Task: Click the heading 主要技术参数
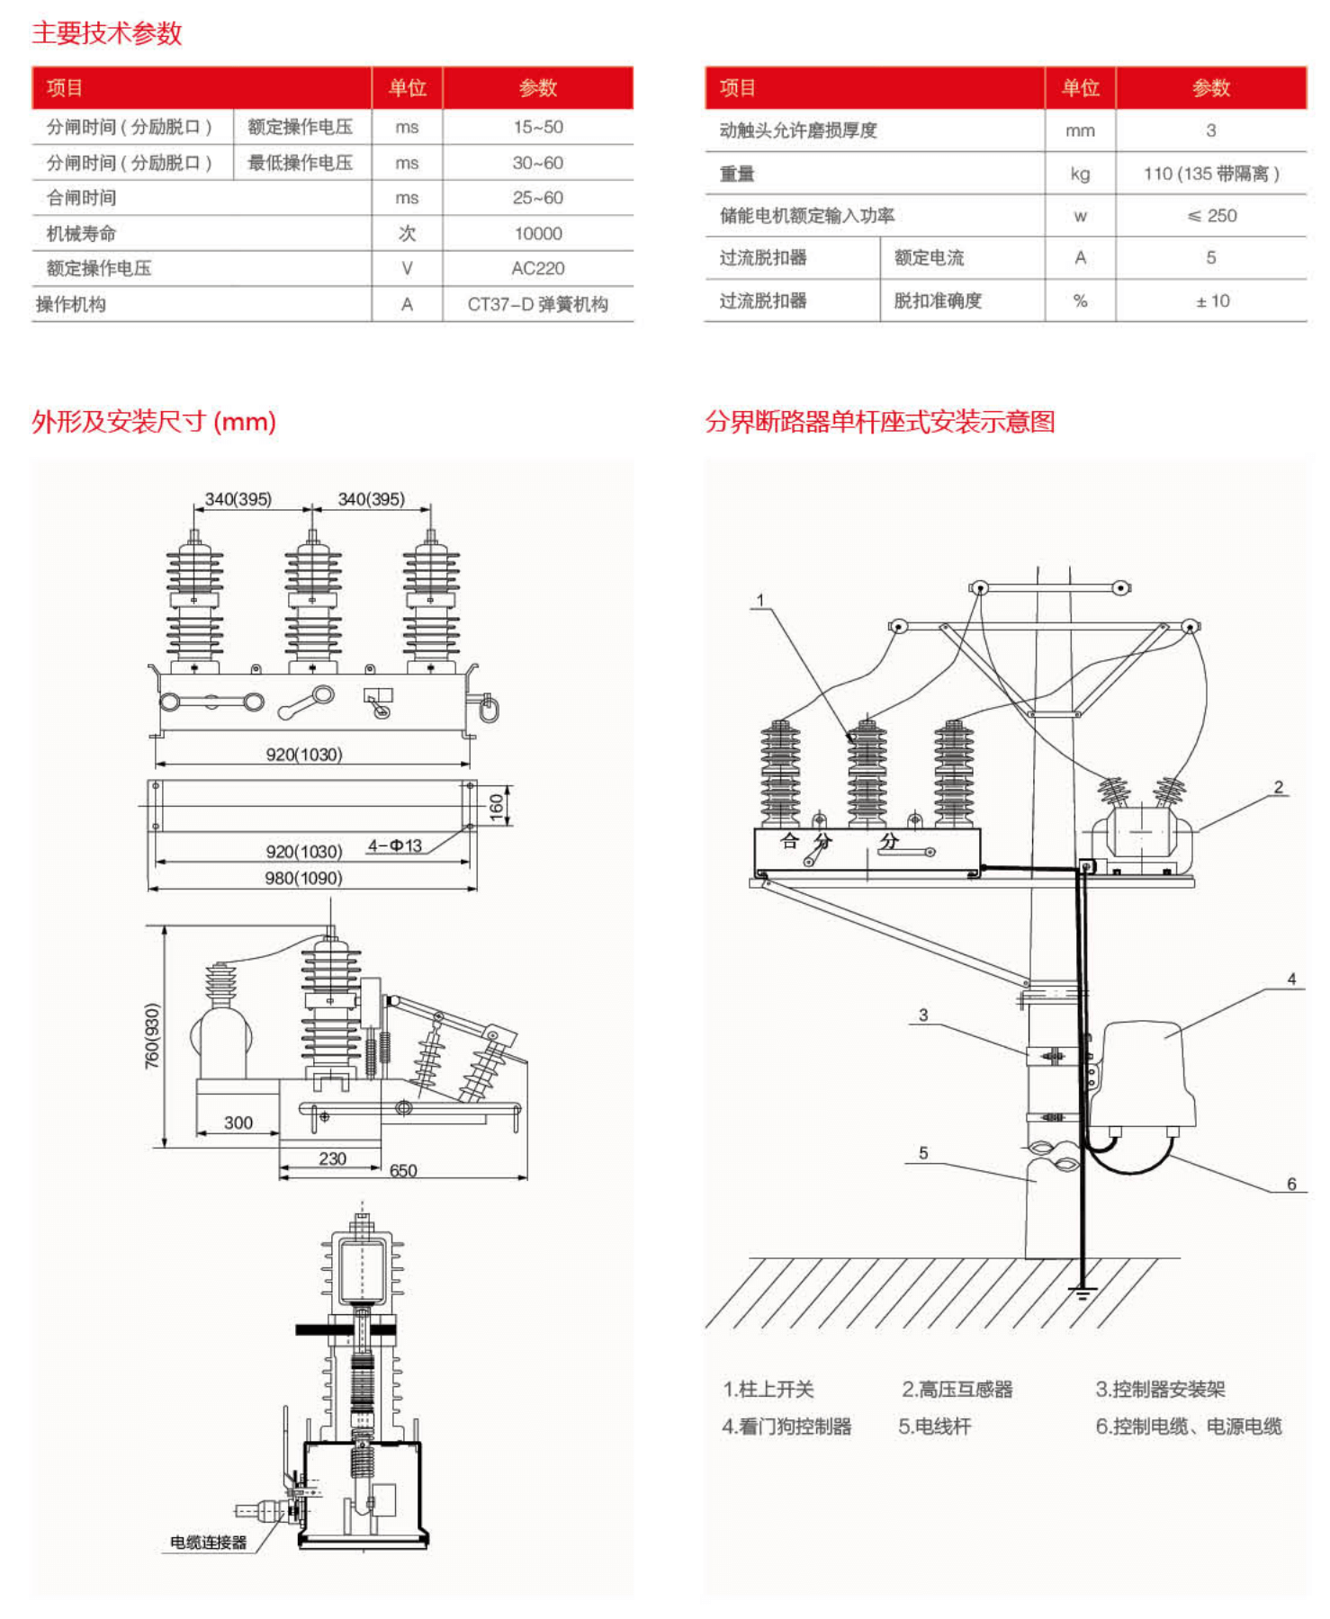pos(106,33)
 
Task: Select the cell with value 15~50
pos(537,127)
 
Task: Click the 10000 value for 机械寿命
pos(537,233)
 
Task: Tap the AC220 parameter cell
pos(537,268)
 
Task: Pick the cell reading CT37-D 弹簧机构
pos(537,304)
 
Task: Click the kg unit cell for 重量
pos(1080,174)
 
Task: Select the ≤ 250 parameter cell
pos(1211,216)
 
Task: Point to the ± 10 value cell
pos(1211,300)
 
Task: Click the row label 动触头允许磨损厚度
pos(797,130)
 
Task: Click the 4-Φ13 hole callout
pos(394,845)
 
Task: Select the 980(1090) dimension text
pos(303,878)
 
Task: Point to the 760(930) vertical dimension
pos(152,1035)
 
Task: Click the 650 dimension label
pos(403,1170)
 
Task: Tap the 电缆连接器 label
pos(208,1542)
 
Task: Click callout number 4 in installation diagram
pos(1291,979)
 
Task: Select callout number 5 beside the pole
pos(923,1153)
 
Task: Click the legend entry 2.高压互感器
pos(957,1389)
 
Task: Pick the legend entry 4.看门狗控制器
pos(786,1427)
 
